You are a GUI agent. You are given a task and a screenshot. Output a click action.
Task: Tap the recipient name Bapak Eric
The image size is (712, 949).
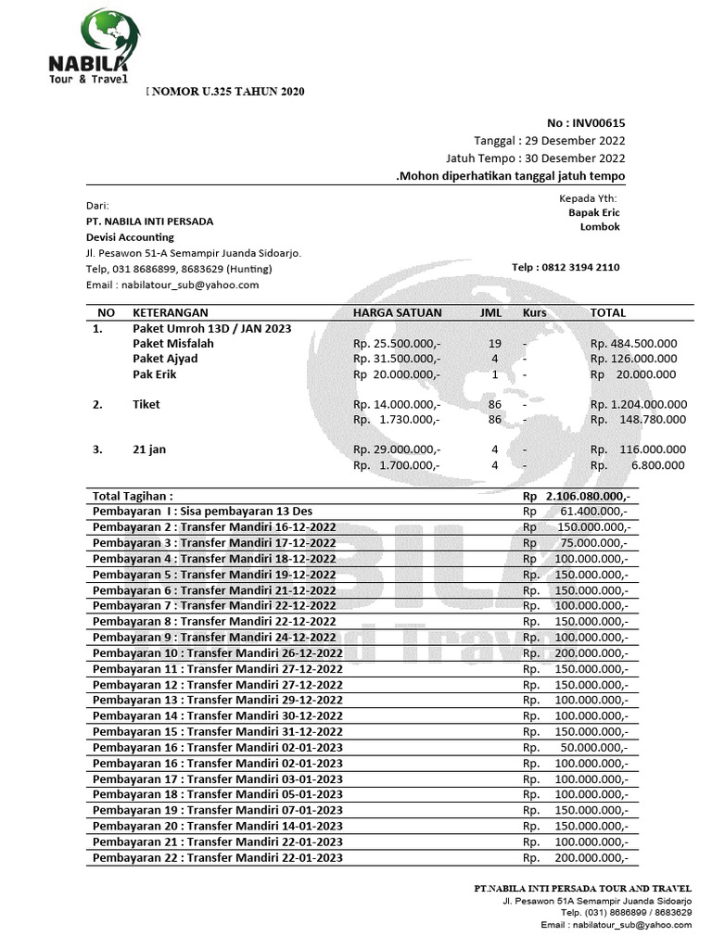(x=594, y=211)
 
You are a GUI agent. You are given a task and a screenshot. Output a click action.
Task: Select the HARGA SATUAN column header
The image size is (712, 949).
(x=398, y=313)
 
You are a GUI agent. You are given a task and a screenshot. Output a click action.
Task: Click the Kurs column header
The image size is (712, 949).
(x=534, y=313)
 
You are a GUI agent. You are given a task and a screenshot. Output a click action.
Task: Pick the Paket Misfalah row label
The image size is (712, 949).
(x=172, y=343)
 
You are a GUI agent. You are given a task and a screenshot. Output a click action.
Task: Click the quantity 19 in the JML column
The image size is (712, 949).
(x=494, y=343)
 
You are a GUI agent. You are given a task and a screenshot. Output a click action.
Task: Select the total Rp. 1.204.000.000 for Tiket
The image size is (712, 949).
(x=639, y=404)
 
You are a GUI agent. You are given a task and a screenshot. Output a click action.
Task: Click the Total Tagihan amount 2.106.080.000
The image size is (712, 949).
(x=589, y=497)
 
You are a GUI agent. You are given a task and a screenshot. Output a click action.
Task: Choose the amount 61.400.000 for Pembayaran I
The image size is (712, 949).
(x=594, y=512)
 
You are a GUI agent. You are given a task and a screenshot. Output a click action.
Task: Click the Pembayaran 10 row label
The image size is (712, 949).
(x=218, y=653)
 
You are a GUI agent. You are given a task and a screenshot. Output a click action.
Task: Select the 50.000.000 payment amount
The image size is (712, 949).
(x=594, y=747)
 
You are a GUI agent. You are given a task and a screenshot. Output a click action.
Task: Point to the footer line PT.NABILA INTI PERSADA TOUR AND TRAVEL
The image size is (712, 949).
(x=582, y=889)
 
